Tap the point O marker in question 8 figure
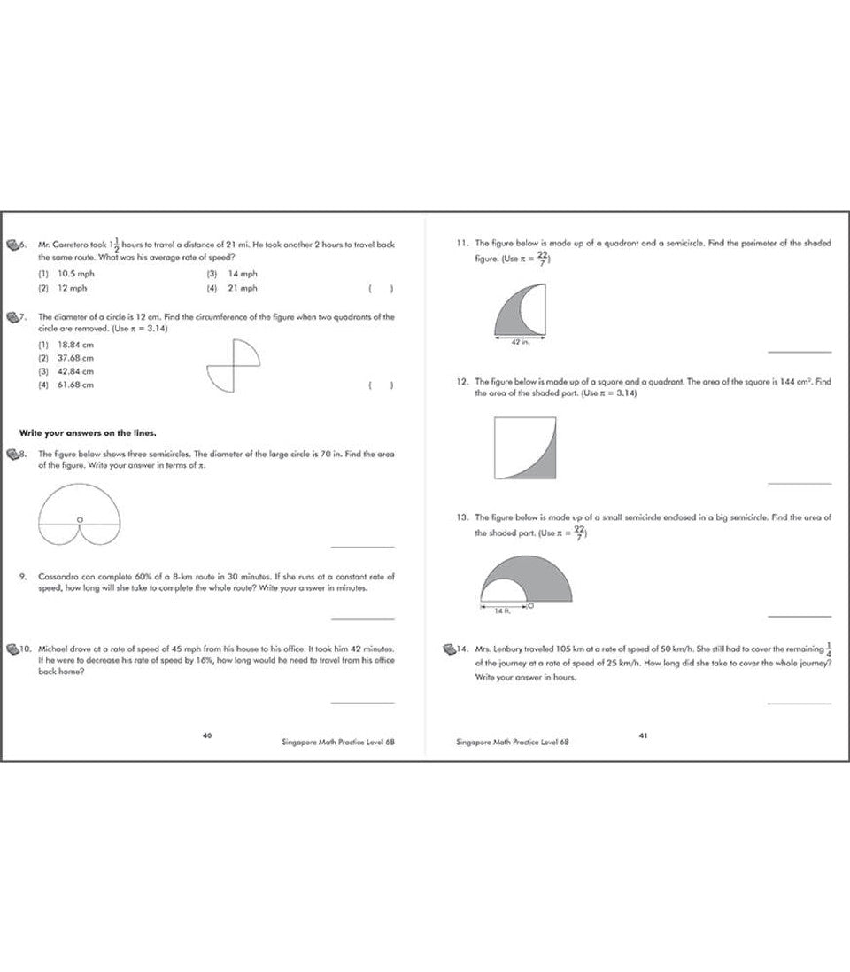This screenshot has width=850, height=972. click(x=80, y=520)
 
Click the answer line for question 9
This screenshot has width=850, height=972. click(x=362, y=618)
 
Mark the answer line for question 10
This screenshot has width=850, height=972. click(x=362, y=703)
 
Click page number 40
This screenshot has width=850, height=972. click(x=207, y=735)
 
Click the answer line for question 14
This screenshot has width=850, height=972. click(x=800, y=703)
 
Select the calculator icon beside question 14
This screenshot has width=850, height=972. click(x=449, y=649)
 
